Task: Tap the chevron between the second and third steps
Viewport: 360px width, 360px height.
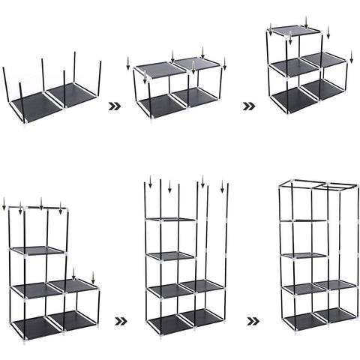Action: pyautogui.click(x=248, y=106)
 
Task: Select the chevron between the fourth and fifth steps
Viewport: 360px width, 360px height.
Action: pyautogui.click(x=120, y=321)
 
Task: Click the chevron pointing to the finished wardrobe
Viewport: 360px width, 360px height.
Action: pyautogui.click(x=254, y=321)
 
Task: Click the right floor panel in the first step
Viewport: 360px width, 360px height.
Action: pyautogui.click(x=73, y=93)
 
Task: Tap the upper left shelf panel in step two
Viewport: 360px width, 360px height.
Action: pyautogui.click(x=159, y=69)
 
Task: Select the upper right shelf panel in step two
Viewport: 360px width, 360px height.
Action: pyautogui.click(x=196, y=63)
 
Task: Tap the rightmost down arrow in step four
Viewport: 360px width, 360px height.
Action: pyautogui.click(x=93, y=277)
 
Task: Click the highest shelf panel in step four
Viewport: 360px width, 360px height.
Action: pyautogui.click(x=37, y=250)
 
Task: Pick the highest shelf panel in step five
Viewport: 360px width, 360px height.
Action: pyautogui.click(x=171, y=219)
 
